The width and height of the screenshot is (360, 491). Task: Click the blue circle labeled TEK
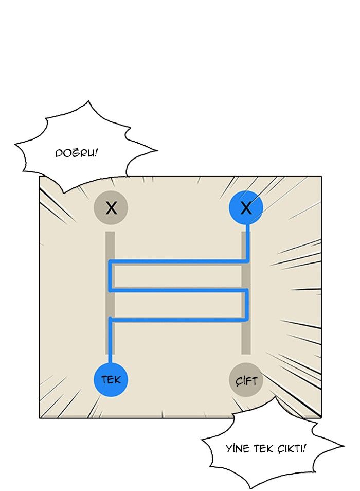tap(111, 380)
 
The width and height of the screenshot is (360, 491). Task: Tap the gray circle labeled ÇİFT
tap(246, 380)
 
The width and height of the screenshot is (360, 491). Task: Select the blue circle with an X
tap(246, 208)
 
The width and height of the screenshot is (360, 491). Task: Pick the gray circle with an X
tap(111, 208)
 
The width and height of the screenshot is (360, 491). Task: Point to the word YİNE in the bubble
tap(238, 448)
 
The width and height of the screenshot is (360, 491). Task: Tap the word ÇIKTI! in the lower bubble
tap(290, 448)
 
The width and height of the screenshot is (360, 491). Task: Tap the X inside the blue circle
tap(246, 208)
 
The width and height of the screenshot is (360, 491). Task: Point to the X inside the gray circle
tap(111, 208)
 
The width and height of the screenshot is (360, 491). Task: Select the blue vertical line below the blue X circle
tap(247, 242)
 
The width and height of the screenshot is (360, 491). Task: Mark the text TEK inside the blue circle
tap(111, 380)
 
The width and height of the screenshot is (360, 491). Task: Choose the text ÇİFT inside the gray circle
tap(246, 381)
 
